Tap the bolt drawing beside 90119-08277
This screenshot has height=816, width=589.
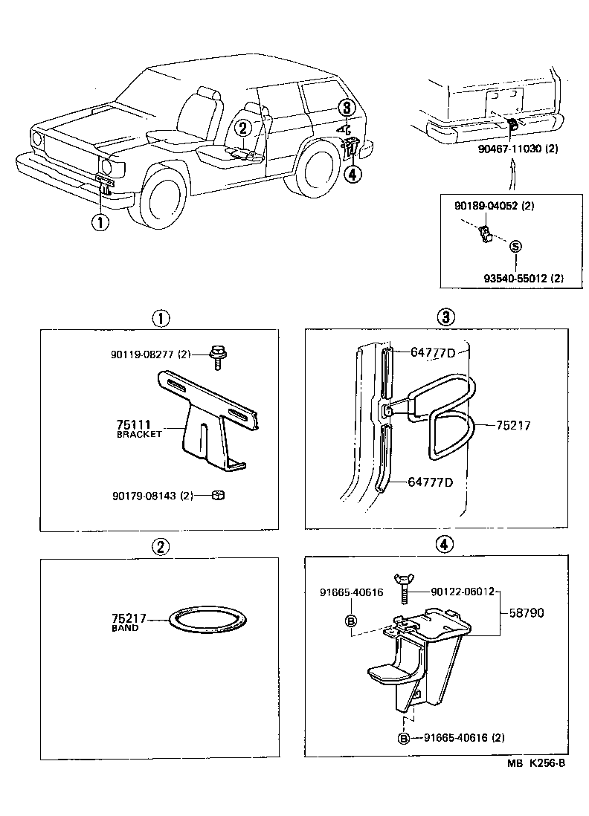click(x=218, y=356)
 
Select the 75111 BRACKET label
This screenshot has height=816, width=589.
click(x=138, y=428)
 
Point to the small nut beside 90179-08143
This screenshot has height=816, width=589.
click(x=219, y=495)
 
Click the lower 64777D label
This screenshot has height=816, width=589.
click(x=431, y=482)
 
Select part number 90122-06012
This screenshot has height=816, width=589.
click(x=463, y=592)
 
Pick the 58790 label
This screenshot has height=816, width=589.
click(x=527, y=613)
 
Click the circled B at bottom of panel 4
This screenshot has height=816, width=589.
click(x=403, y=738)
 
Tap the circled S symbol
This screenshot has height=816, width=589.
click(x=515, y=247)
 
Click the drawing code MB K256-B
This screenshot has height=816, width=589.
click(x=537, y=763)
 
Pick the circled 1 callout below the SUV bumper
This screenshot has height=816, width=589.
click(x=99, y=221)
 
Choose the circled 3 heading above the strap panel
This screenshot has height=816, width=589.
click(x=444, y=318)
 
